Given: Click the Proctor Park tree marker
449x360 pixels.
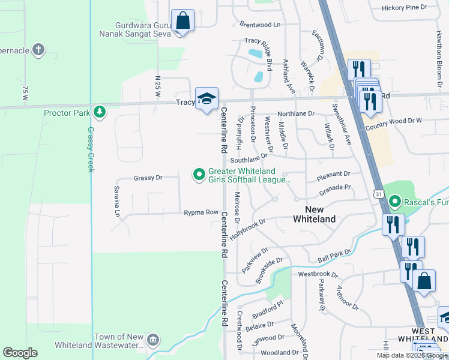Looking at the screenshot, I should [99, 112].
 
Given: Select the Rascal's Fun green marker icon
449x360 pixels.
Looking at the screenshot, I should [394, 202].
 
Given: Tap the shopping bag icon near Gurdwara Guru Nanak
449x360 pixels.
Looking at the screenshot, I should [182, 21].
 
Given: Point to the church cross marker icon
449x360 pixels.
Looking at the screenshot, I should [38, 49].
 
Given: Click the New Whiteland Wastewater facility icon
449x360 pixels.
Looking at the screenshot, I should [153, 340].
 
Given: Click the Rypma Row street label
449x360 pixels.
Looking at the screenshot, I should [201, 212].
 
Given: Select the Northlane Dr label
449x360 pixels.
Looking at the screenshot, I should [295, 113].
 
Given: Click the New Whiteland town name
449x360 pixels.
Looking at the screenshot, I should [314, 214].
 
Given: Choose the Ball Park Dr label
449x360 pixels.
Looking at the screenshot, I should [333, 254].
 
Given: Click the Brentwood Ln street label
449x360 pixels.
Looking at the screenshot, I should [260, 25].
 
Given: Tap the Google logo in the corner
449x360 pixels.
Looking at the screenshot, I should [20, 353].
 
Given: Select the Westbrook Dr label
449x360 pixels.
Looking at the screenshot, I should [318, 274].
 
